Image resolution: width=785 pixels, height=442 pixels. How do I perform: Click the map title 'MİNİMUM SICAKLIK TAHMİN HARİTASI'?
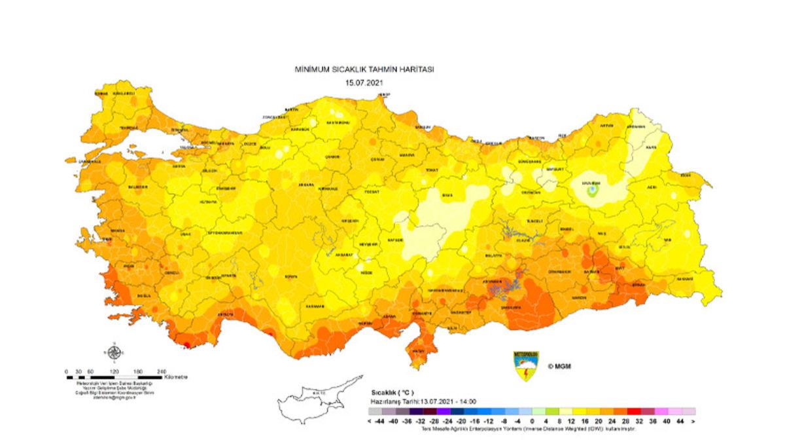(x=364, y=69)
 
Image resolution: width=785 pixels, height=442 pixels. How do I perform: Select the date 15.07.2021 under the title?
(x=364, y=83)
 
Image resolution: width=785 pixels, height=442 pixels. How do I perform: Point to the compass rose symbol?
(x=114, y=354)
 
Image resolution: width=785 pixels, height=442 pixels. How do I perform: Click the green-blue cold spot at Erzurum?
(x=592, y=191)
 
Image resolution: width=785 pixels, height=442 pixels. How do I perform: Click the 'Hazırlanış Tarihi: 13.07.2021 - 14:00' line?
(x=423, y=401)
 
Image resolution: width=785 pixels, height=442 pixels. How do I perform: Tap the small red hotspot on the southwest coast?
(x=186, y=344)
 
